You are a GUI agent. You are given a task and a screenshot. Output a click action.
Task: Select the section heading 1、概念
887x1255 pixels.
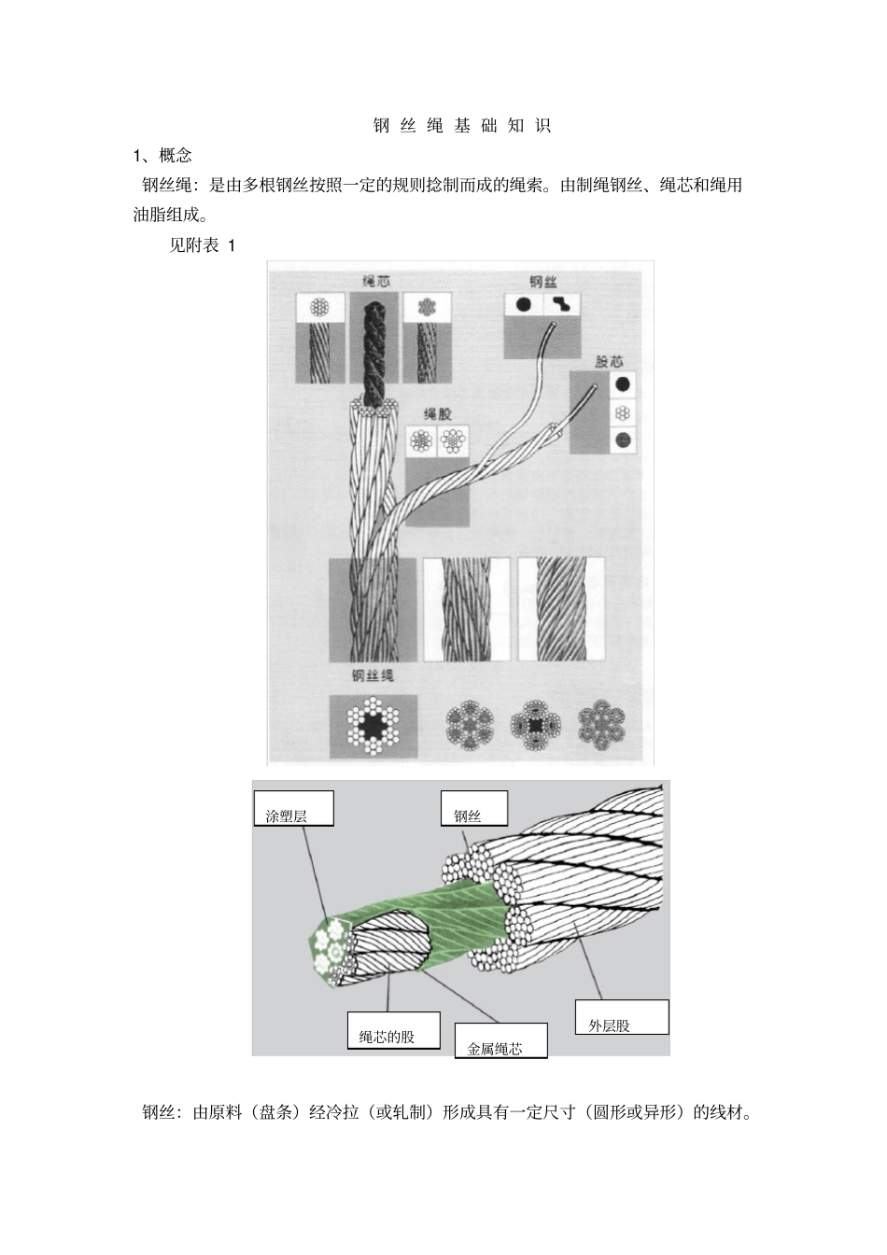[x=162, y=155]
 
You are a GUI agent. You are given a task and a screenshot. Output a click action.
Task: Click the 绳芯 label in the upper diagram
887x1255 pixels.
[x=376, y=281]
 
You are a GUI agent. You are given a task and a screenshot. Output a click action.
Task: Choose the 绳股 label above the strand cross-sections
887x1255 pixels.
[x=438, y=413]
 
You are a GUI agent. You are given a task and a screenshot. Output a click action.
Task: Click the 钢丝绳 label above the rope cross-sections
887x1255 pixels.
[x=373, y=676]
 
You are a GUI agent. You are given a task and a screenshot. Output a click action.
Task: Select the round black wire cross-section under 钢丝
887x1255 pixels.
[x=524, y=304]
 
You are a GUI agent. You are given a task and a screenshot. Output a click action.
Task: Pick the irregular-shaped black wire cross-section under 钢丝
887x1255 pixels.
[x=562, y=304]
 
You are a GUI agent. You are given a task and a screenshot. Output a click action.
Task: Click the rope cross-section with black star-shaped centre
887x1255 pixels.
[x=373, y=725]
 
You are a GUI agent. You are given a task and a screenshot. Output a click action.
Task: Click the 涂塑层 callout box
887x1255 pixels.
[x=292, y=808]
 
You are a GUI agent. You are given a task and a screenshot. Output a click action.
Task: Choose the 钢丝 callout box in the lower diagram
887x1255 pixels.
[x=473, y=808]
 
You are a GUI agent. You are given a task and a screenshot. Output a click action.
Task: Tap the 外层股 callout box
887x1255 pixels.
[x=622, y=1017]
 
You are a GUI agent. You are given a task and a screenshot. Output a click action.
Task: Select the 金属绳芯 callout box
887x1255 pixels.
[x=500, y=1040]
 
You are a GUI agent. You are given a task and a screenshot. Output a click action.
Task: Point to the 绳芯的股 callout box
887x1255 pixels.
[x=392, y=1030]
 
